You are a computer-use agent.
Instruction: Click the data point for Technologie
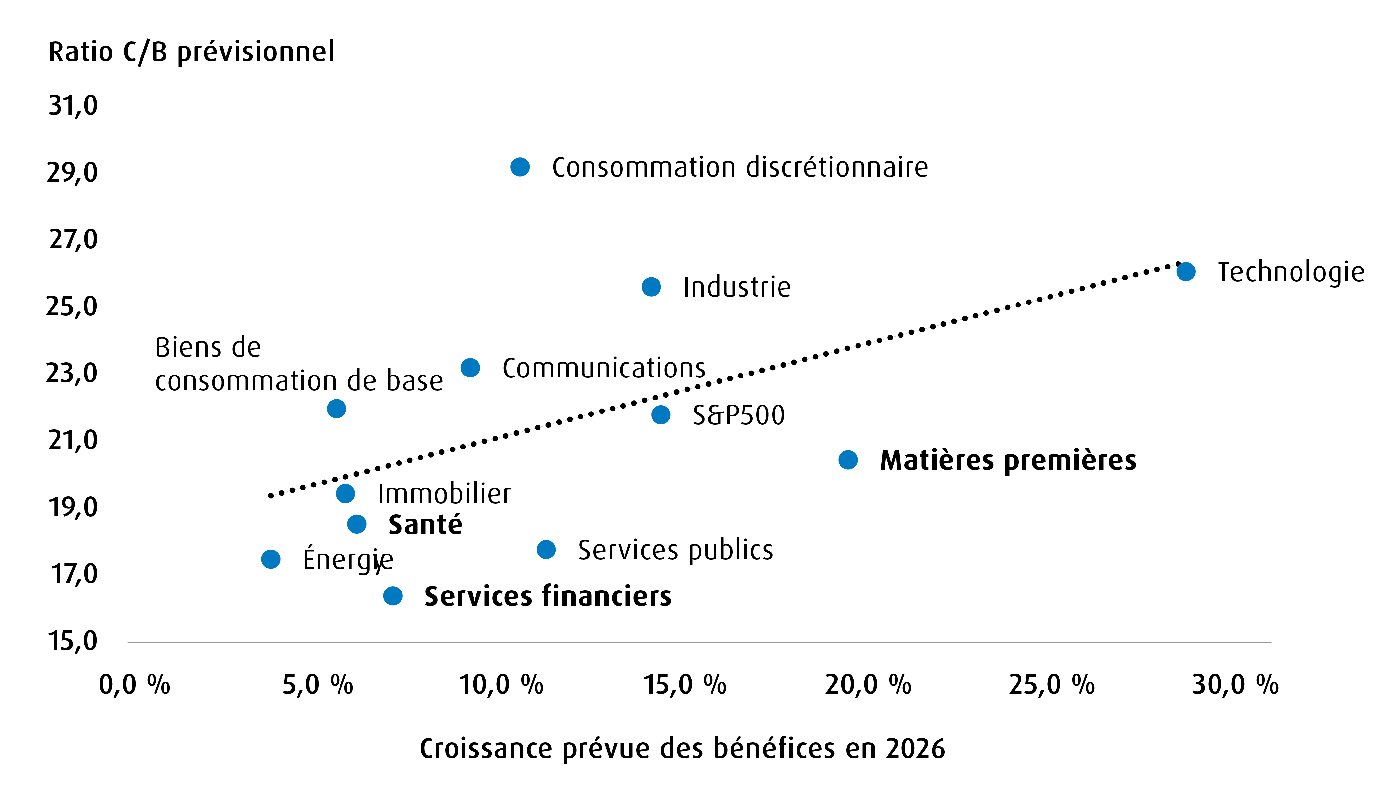1185,271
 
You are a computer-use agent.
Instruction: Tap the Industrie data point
651,287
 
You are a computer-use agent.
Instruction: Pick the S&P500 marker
660,414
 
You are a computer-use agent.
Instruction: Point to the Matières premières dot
848,460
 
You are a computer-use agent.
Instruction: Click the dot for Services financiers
393,596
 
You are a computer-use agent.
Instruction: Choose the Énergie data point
270,559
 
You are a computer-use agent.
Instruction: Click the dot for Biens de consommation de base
336,408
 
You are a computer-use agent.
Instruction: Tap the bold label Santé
425,525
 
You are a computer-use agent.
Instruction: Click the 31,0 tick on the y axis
73,105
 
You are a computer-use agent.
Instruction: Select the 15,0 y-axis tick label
73,641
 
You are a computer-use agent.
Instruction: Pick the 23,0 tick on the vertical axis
72,374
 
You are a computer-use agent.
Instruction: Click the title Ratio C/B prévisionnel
191,52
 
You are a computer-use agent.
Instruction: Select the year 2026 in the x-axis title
915,749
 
